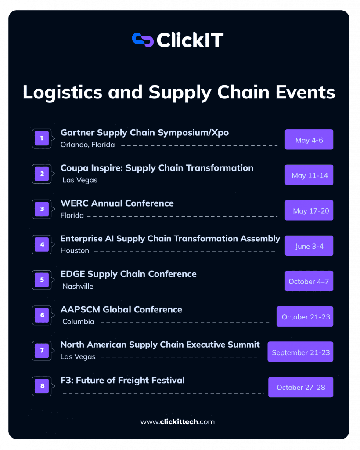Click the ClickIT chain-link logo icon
click(x=143, y=40)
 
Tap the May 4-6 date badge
click(x=309, y=140)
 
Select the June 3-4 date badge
click(x=309, y=246)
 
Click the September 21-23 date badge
click(x=301, y=352)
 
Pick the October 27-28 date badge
click(x=301, y=387)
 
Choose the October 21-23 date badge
click(x=305, y=316)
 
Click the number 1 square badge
click(x=42, y=138)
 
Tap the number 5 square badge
click(x=42, y=280)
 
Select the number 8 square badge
click(x=42, y=386)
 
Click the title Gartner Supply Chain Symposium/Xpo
click(x=144, y=132)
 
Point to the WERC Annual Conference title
click(x=117, y=203)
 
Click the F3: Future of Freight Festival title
click(x=122, y=380)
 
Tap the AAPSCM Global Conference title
click(x=121, y=309)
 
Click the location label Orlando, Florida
click(x=87, y=145)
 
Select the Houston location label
click(x=75, y=250)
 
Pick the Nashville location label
click(x=78, y=286)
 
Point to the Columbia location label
click(x=78, y=322)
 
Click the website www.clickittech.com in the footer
click(x=177, y=422)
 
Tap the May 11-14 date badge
click(x=309, y=175)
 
